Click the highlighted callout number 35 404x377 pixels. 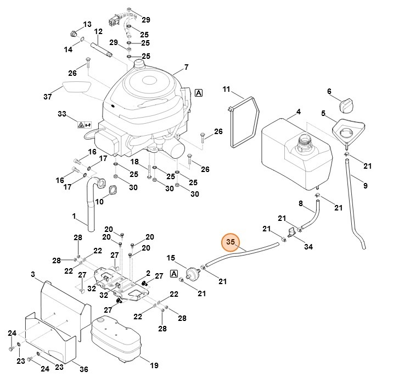pos(231,242)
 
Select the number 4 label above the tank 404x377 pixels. pos(299,112)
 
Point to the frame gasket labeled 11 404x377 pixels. pos(243,122)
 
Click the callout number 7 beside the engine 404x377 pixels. pos(186,68)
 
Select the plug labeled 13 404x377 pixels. pos(74,34)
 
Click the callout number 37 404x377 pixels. pos(48,97)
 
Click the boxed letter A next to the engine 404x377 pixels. pos(198,93)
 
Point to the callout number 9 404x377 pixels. pos(365,185)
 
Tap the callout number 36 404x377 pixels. pos(84,369)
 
